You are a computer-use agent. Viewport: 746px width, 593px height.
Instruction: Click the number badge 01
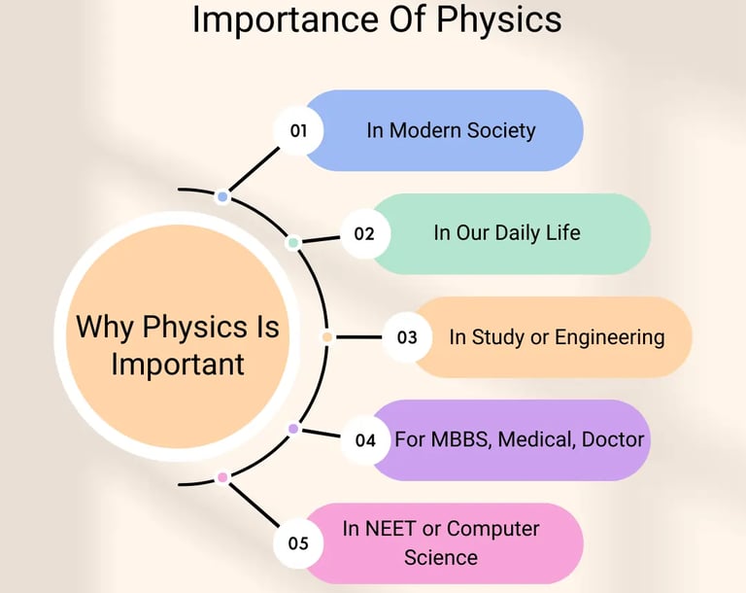[x=298, y=129]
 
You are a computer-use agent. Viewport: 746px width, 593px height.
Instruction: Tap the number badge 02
[x=364, y=233]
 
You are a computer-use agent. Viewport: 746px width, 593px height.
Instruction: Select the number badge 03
[x=407, y=337]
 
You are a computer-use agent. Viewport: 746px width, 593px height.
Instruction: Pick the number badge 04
[x=365, y=440]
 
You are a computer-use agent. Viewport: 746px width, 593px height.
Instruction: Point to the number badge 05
[x=298, y=543]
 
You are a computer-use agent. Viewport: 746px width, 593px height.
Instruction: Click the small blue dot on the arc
[x=222, y=197]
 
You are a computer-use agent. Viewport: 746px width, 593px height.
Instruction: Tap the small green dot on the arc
[x=293, y=243]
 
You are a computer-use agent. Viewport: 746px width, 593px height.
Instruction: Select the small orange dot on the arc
[x=327, y=337]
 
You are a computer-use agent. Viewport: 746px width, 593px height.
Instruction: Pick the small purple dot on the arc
[x=293, y=429]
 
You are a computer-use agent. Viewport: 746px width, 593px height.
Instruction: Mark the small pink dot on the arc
[x=222, y=477]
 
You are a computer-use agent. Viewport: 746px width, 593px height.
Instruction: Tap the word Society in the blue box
[x=499, y=129]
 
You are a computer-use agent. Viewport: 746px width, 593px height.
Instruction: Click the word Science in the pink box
[x=441, y=558]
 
